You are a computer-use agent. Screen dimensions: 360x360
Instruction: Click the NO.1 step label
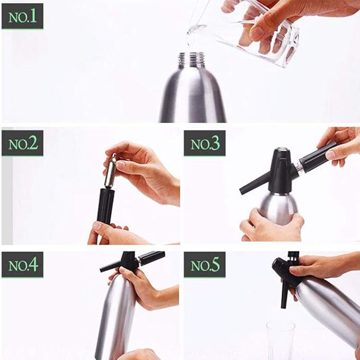click(22, 16)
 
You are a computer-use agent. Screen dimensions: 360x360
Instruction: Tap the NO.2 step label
click(22, 143)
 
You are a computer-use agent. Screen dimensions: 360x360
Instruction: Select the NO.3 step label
click(205, 143)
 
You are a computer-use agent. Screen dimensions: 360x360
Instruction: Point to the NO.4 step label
click(22, 265)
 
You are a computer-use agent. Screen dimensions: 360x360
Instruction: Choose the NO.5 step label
click(205, 265)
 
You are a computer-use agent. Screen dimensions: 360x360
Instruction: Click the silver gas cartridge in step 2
click(110, 171)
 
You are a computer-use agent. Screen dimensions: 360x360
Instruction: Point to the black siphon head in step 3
click(279, 170)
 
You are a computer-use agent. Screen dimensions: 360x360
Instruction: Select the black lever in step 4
click(112, 265)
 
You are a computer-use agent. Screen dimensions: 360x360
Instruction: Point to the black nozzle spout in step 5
click(284, 294)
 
